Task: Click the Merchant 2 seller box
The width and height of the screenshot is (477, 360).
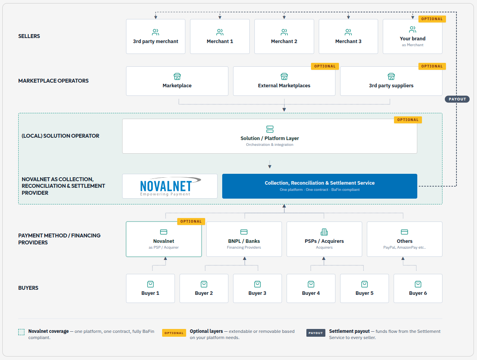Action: [x=284, y=36]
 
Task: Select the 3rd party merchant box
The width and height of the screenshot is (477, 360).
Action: [x=156, y=36]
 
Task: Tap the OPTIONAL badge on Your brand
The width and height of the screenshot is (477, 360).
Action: [x=432, y=19]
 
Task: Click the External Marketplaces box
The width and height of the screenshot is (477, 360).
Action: [x=284, y=81]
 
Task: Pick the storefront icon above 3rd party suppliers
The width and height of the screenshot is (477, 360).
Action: [x=391, y=76]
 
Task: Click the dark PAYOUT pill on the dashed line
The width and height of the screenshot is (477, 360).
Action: [x=457, y=99]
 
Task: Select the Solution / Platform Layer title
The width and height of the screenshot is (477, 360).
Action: [x=270, y=138]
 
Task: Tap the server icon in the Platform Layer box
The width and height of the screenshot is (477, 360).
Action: [x=270, y=129]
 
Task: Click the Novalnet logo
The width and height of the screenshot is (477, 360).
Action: [x=170, y=186]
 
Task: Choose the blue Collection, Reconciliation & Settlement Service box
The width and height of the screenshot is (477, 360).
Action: [x=320, y=186]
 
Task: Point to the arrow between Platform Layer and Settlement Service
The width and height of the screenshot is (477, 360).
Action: [x=270, y=164]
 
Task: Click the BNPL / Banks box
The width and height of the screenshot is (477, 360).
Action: [x=244, y=239]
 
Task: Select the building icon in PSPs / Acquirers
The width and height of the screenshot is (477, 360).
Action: [x=324, y=232]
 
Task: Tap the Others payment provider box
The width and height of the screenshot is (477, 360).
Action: [x=404, y=239]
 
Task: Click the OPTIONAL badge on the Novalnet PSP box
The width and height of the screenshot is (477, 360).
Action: [x=191, y=221]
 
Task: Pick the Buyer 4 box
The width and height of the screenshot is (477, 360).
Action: [x=311, y=288]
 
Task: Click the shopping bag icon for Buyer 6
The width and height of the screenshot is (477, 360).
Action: [x=418, y=284]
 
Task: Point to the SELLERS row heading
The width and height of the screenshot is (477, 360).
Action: [x=29, y=36]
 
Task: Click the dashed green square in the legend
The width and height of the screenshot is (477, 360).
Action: [x=21, y=332]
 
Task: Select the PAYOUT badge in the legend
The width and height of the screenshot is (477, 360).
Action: [x=316, y=333]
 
